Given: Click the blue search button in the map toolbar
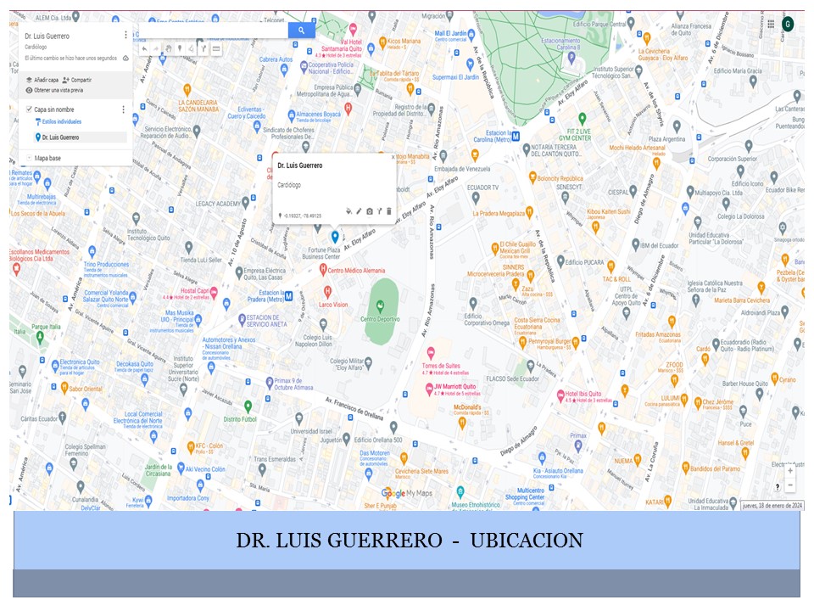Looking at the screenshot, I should [x=301, y=31].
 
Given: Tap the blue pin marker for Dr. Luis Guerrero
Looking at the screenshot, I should [x=335, y=236].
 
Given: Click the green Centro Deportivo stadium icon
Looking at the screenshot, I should [x=380, y=305].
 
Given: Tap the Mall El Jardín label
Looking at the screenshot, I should [x=450, y=34].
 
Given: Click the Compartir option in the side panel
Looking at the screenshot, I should [x=81, y=80].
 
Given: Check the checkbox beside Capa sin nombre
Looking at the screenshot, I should [x=29, y=109].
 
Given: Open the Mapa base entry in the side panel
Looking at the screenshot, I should [x=47, y=158].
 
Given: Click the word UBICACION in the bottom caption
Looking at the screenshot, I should [x=526, y=541].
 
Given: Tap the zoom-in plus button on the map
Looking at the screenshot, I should [x=790, y=470].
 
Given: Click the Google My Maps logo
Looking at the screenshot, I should [x=407, y=493].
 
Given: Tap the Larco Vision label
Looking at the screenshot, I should [x=333, y=304].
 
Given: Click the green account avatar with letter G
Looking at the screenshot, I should [x=788, y=24].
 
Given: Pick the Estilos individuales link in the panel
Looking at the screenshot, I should [x=58, y=122].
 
